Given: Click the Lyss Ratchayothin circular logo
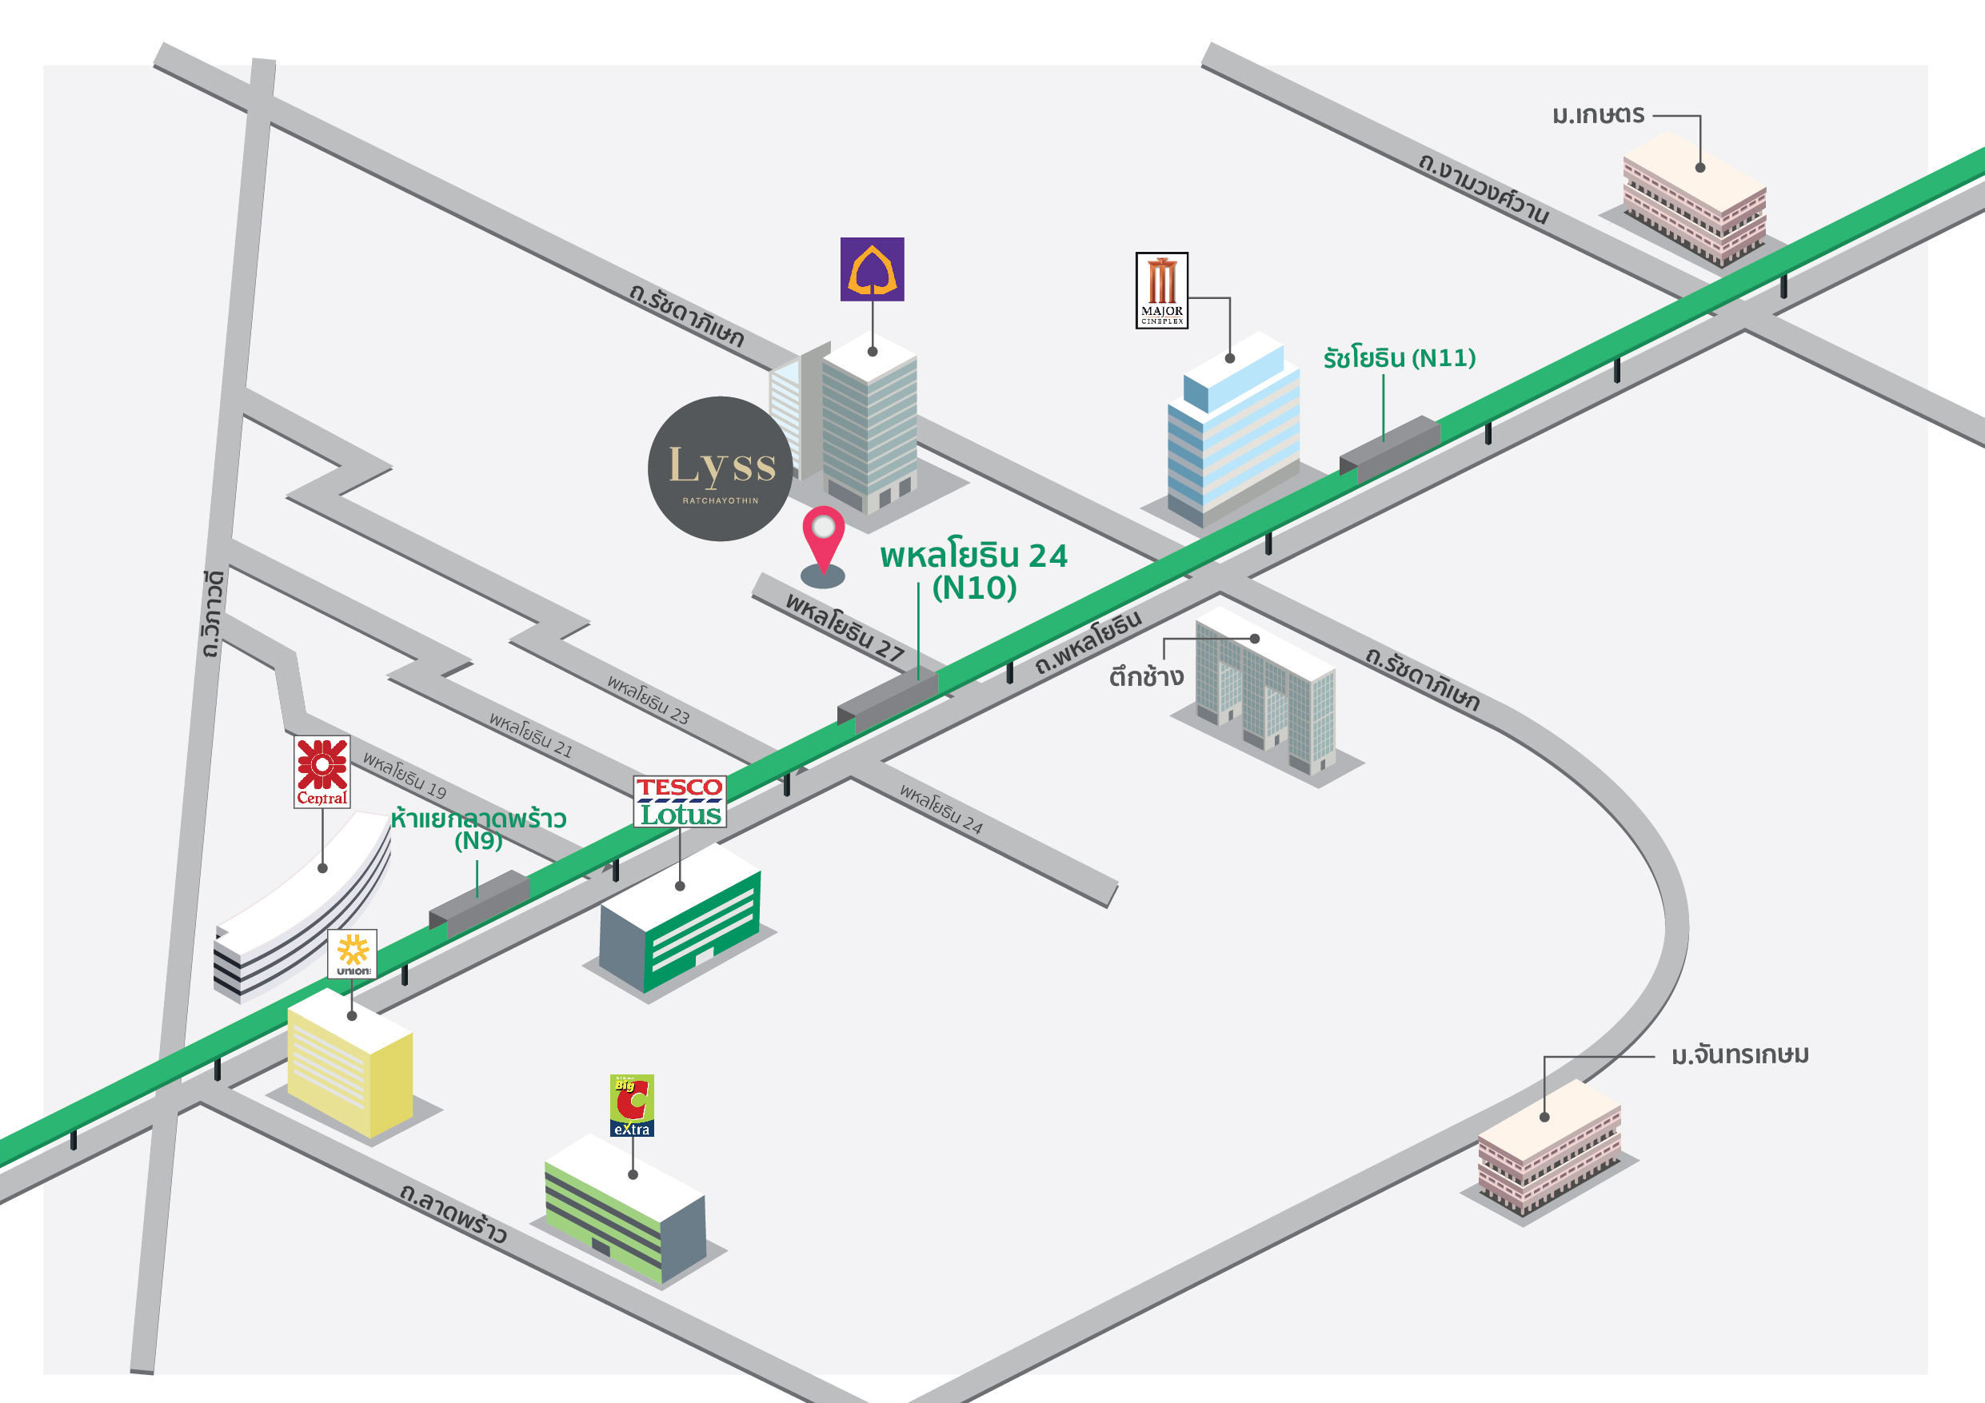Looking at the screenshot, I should click(x=719, y=469).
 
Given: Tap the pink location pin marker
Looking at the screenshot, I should click(x=823, y=540).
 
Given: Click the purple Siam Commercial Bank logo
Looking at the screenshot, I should click(x=872, y=269).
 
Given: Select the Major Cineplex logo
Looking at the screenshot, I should click(x=1161, y=290).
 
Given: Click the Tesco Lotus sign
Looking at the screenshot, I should click(x=680, y=801).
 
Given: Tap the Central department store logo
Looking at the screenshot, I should click(x=322, y=772).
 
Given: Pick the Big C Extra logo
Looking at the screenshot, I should click(x=632, y=1105).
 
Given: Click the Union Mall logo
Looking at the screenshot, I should click(x=352, y=954).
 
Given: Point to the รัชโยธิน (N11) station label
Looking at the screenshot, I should click(x=1399, y=358).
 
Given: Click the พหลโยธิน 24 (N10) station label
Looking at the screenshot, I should click(x=974, y=572).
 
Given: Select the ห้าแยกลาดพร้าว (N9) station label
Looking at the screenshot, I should click(x=478, y=828).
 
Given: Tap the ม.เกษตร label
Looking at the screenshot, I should click(x=1598, y=115).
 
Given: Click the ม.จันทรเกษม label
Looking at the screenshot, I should click(x=1739, y=1055).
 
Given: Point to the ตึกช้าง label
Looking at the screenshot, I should click(x=1146, y=676).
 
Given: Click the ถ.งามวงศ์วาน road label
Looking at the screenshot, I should click(x=1483, y=189).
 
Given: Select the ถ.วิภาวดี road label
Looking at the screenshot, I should click(x=212, y=614).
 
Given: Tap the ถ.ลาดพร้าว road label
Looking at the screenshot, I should click(x=453, y=1212).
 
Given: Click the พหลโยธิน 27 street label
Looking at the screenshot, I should click(x=844, y=627).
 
